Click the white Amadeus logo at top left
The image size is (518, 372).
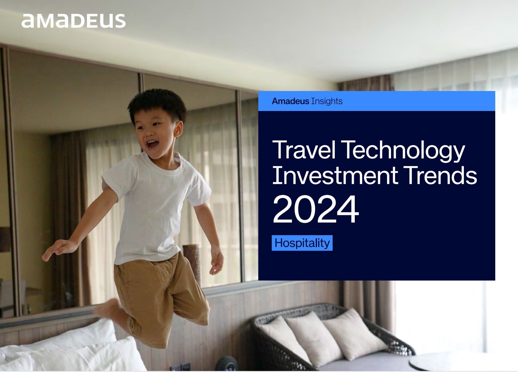[73, 21]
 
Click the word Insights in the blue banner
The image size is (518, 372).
[327, 101]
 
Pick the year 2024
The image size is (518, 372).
[316, 209]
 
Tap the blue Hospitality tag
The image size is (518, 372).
[302, 243]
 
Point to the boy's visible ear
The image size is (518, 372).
[178, 129]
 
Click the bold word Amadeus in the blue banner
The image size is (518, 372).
[291, 101]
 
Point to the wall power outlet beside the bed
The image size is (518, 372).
[180, 367]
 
